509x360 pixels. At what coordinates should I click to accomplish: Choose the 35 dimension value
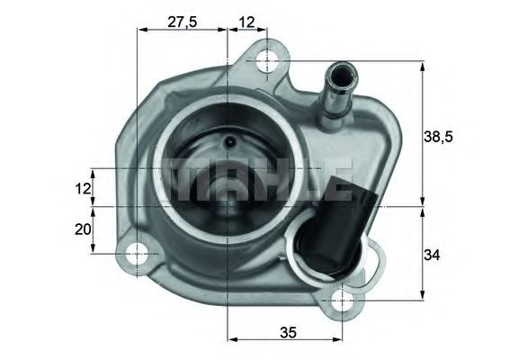(x=287, y=331)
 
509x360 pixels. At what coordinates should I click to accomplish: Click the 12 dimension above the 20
(x=83, y=188)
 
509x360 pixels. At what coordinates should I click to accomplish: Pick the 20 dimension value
(x=83, y=229)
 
